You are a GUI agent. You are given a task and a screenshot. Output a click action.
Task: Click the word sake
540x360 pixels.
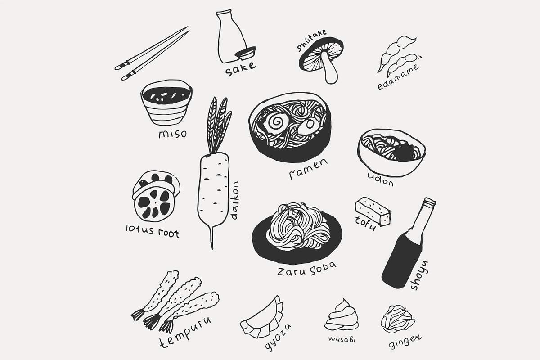pos(240,69)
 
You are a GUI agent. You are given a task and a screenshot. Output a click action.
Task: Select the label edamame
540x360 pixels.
pos(398,77)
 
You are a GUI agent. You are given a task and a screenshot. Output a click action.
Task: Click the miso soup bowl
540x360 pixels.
pos(166,103)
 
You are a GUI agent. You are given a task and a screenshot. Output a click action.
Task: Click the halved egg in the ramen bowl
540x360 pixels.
pos(308,126)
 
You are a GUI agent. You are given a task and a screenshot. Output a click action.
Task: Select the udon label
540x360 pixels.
pos(380,179)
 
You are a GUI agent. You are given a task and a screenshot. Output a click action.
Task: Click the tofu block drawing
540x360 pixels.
pos(373,211)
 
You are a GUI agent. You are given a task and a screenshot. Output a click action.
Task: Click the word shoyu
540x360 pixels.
pos(419,275)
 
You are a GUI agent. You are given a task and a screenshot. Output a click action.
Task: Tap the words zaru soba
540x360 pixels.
pos(306,269)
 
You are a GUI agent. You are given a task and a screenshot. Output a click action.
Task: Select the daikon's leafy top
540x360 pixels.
pos(218,125)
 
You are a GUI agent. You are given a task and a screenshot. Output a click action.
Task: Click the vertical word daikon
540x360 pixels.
pos(234,201)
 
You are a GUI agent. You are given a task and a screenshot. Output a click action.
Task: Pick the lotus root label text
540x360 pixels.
pos(153,231)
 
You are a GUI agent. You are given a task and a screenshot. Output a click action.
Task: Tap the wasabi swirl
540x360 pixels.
pos(342,315)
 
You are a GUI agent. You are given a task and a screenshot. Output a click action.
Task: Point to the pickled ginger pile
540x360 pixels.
pos(398,319)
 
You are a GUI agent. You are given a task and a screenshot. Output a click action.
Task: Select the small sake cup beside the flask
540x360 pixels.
pos(245,53)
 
